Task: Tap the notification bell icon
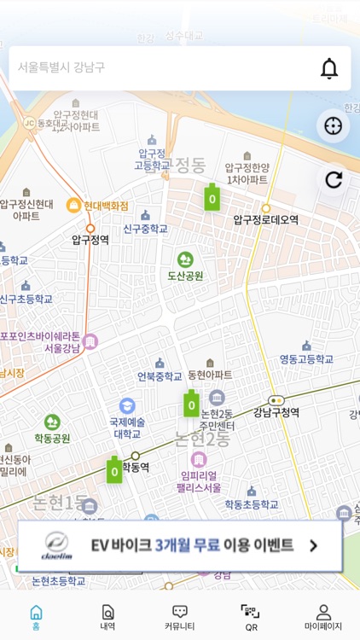(329, 68)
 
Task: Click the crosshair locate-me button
(333, 126)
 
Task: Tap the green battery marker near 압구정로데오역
(211, 197)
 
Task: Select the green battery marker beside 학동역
(114, 469)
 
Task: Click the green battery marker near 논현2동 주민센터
(191, 404)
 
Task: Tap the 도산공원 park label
(185, 276)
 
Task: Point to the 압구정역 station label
(90, 240)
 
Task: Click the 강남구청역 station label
(276, 412)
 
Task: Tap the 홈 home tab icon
(36, 613)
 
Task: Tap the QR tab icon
(251, 613)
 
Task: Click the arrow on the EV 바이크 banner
(313, 546)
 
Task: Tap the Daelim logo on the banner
(55, 546)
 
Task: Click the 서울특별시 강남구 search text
(61, 67)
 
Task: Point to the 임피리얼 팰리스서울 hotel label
(199, 482)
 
